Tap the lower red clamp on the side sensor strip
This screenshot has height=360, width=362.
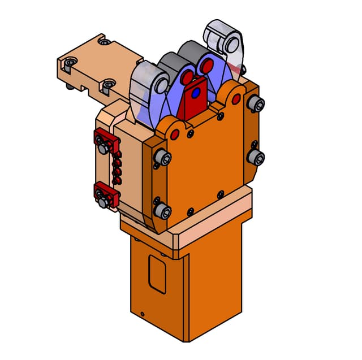tap(105, 195)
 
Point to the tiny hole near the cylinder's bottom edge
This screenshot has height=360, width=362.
tap(143, 314)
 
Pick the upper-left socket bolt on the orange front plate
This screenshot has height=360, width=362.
tap(163, 158)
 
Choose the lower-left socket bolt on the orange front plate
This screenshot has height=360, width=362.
tap(163, 211)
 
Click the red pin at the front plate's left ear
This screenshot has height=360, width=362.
tap(175, 134)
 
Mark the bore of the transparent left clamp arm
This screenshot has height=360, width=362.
tap(160, 85)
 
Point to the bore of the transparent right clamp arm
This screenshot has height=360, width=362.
tap(231, 42)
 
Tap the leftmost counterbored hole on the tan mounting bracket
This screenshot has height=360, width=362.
tap(68, 64)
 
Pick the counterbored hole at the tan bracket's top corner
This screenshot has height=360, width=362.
tap(102, 41)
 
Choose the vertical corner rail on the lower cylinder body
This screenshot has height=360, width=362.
tap(187, 300)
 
